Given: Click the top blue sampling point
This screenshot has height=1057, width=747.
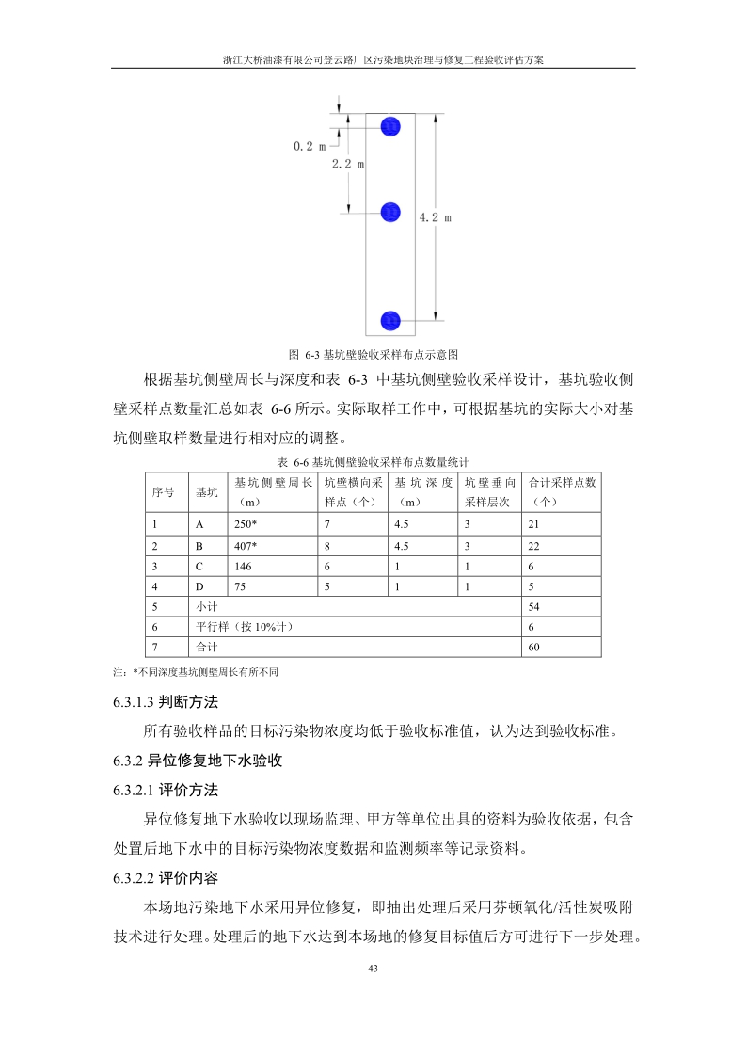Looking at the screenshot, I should click(390, 126).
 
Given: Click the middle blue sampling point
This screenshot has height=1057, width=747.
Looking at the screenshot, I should click(390, 213).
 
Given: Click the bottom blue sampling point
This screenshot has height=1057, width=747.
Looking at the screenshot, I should click(390, 320).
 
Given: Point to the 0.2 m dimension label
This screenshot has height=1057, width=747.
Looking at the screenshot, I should click(310, 146).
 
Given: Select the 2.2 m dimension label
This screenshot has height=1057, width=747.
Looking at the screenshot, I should click(348, 164).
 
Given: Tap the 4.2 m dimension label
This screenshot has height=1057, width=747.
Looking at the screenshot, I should click(435, 217).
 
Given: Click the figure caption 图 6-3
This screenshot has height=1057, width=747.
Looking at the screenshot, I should click(373, 355).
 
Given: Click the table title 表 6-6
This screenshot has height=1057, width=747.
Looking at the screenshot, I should click(373, 462).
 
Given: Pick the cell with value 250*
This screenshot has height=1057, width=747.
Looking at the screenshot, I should click(246, 524).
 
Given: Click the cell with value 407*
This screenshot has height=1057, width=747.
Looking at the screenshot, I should click(246, 546).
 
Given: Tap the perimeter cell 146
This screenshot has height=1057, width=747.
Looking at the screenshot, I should click(244, 567).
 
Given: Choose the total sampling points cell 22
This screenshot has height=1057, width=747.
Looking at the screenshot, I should click(534, 546).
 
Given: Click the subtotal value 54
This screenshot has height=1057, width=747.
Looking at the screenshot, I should click(534, 607).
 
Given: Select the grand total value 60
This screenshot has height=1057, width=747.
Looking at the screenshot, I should click(534, 648).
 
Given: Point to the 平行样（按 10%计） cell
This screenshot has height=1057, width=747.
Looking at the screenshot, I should click(238, 627).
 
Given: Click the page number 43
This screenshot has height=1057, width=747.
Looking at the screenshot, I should click(373, 969).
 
